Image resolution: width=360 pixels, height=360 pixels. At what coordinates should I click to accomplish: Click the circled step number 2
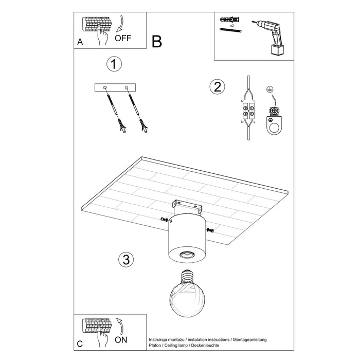click(217, 87)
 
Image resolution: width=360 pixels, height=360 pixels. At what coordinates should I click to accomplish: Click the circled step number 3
click(124, 260)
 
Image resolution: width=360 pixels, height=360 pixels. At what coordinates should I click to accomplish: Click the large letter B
click(157, 42)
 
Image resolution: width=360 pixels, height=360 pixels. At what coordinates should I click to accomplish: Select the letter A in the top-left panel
click(79, 42)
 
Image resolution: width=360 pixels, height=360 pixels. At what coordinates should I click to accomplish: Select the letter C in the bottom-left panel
click(79, 344)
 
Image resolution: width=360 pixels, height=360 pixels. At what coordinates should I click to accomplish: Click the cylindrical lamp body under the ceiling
click(186, 237)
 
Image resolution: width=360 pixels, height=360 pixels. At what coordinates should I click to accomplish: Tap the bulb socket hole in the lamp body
click(185, 255)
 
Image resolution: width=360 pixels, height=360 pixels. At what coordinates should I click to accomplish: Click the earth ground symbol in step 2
click(268, 90)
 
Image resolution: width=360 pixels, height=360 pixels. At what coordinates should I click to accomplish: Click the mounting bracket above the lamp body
click(188, 206)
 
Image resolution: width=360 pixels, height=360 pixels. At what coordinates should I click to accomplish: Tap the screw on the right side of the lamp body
click(210, 229)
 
